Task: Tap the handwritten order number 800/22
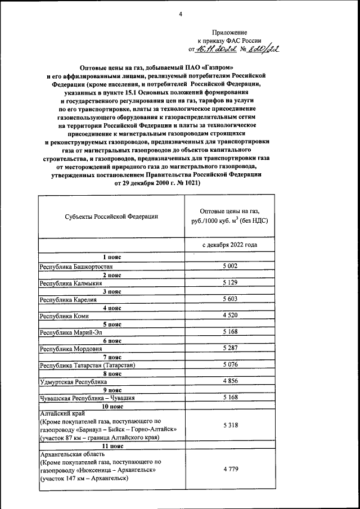[x=261, y=49]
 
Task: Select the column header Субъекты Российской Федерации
[x=111, y=216]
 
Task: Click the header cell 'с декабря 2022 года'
[x=230, y=245]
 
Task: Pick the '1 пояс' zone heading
[x=111, y=257]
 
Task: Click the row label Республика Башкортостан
[x=73, y=265]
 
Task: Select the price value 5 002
[x=230, y=265]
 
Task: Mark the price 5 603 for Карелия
[x=230, y=299]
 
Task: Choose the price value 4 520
[x=230, y=316]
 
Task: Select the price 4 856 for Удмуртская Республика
[x=230, y=382]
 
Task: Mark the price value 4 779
[x=230, y=468]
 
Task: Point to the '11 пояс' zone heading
[x=111, y=445]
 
